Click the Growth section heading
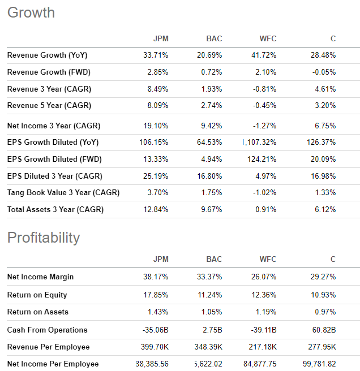[31, 12]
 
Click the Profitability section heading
[44, 238]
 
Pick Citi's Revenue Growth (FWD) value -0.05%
[323, 72]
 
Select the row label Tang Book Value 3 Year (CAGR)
[63, 193]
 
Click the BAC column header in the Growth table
[214, 39]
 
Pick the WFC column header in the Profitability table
[268, 260]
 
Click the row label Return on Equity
[37, 295]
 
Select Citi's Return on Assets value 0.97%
[325, 312]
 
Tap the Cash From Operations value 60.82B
[323, 330]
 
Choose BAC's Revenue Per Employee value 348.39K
[207, 347]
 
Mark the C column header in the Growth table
[333, 39]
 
